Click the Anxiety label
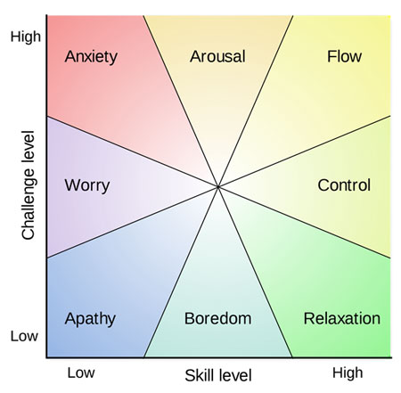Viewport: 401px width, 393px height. (x=91, y=57)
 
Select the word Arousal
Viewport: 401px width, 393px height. (x=217, y=56)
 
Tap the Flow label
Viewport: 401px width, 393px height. (x=344, y=56)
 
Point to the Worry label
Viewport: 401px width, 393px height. (x=87, y=186)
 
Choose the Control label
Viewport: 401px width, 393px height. (x=344, y=185)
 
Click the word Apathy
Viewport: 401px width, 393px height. (x=90, y=319)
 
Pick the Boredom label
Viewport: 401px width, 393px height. (x=217, y=318)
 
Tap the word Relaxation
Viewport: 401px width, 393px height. (x=342, y=318)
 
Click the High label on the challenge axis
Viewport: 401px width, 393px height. (x=26, y=37)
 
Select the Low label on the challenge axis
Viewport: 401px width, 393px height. (x=24, y=336)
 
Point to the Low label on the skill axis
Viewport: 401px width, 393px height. (x=81, y=373)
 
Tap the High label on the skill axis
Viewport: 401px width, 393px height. (x=348, y=373)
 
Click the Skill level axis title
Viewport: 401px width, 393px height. (x=218, y=375)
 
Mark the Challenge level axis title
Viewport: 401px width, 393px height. (x=29, y=184)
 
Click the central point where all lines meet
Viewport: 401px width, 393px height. (x=218, y=187)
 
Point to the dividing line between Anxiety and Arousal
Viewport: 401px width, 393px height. (x=181, y=102)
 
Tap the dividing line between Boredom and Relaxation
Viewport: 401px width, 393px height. (x=255, y=272)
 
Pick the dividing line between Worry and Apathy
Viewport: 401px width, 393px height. (x=133, y=222)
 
